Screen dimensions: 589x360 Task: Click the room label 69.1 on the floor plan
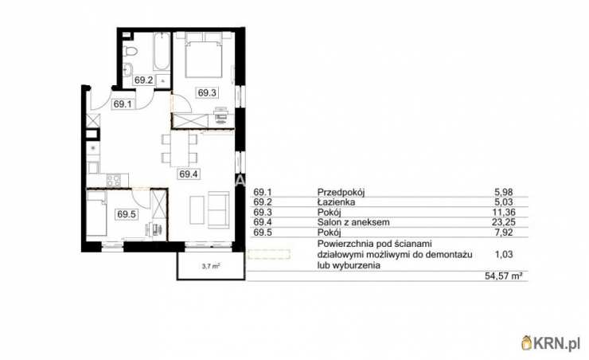pyautogui.click(x=123, y=104)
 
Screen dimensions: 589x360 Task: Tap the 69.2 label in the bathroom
pyautogui.click(x=144, y=80)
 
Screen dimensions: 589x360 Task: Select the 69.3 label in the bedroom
pyautogui.click(x=207, y=92)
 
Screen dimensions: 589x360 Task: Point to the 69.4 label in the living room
pyautogui.click(x=189, y=174)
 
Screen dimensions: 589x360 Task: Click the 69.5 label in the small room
pyautogui.click(x=127, y=214)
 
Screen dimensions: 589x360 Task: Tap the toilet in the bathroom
pyautogui.click(x=130, y=51)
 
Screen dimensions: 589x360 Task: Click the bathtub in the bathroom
pyautogui.click(x=162, y=52)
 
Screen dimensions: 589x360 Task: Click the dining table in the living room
pyautogui.click(x=180, y=148)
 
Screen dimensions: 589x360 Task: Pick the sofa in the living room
pyautogui.click(x=219, y=209)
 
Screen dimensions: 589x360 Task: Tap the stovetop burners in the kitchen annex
pyautogui.click(x=114, y=180)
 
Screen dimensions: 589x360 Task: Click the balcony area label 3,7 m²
pyautogui.click(x=211, y=267)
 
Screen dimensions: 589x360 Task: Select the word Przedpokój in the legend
pyautogui.click(x=341, y=193)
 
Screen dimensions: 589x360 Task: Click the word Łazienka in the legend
pyautogui.click(x=336, y=202)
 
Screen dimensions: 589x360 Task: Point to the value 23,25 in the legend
pyautogui.click(x=504, y=222)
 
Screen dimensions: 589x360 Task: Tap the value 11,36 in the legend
pyautogui.click(x=504, y=213)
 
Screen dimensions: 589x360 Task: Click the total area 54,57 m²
pyautogui.click(x=504, y=276)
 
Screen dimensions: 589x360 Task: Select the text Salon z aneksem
pyautogui.click(x=353, y=222)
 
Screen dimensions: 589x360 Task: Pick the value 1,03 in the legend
pyautogui.click(x=504, y=254)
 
